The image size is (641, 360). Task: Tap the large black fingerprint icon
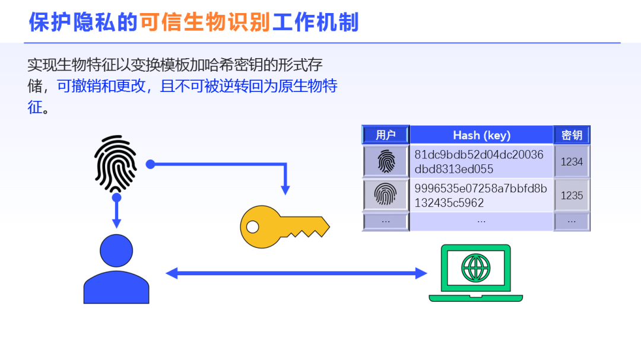pos(116,164)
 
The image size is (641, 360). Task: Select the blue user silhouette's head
pos(116,250)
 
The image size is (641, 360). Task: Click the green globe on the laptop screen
pos(476,268)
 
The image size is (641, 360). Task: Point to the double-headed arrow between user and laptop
pos(296,273)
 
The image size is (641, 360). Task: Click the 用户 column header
pos(386,135)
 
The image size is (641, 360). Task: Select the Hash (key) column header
pos(481,135)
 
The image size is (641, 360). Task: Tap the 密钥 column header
pos(572,135)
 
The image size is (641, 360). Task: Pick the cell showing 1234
pos(572,162)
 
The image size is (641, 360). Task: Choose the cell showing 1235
pos(572,195)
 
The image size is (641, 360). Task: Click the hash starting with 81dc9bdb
pos(479,162)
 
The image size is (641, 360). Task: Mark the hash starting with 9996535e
pos(481,195)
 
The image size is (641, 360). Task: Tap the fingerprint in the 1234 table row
pos(386,161)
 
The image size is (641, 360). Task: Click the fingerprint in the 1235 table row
pos(386,194)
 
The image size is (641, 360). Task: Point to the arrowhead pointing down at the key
pos(285,190)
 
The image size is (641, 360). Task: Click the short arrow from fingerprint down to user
pos(116,211)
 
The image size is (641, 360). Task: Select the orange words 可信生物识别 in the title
pos(205,22)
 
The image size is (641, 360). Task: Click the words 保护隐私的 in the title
pos(84,22)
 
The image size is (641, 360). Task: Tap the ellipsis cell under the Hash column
pos(481,221)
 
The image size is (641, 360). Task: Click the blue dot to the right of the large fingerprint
pos(150,164)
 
